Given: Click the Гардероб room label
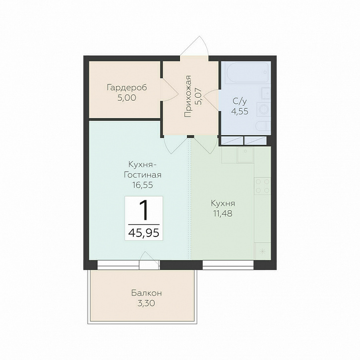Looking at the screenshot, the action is (x=127, y=88).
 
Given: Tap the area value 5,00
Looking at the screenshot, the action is (x=127, y=98).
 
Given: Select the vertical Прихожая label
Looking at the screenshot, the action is (x=188, y=96).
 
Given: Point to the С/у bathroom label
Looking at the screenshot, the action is (x=240, y=101).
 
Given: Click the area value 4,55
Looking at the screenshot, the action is (x=240, y=112).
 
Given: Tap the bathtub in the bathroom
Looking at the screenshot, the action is (x=247, y=72).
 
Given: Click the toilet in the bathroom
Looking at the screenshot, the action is (x=263, y=126).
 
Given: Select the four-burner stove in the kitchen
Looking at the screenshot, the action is (x=262, y=186).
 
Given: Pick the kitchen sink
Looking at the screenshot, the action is (x=245, y=155).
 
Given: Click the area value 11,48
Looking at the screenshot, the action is (x=223, y=214).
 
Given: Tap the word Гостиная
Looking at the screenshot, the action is (x=142, y=175).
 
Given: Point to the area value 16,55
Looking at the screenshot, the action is (x=142, y=185).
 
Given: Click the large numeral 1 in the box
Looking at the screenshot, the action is (x=144, y=210).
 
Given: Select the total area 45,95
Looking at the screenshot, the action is (x=144, y=233).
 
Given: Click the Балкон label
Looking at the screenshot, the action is (x=146, y=293).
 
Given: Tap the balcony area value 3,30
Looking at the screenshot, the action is (x=146, y=303).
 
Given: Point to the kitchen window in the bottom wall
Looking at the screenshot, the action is (x=228, y=265).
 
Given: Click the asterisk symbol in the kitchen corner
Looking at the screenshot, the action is (x=262, y=251).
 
